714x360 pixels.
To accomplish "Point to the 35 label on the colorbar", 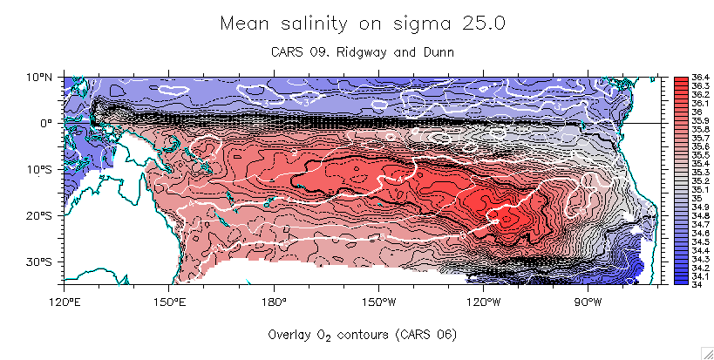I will [695, 198].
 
